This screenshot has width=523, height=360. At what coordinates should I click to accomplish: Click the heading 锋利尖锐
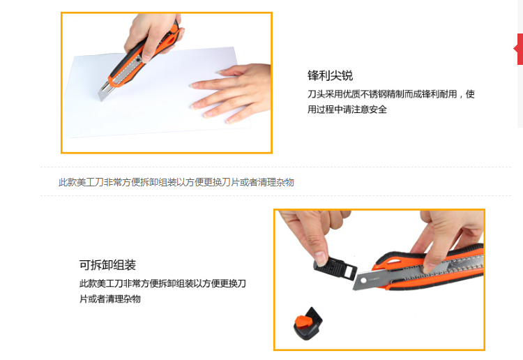(330, 76)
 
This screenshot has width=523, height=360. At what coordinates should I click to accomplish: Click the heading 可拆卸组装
(107, 265)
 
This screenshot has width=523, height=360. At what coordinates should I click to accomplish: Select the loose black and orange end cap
(308, 324)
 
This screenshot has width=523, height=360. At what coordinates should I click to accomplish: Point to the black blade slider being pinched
(335, 269)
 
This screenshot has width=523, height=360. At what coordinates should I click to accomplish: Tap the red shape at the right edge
(518, 49)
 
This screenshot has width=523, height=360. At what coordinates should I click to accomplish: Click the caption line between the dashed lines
(176, 182)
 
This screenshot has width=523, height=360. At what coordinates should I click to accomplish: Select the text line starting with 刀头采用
(391, 94)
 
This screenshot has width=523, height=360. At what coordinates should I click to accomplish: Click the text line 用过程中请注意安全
(347, 109)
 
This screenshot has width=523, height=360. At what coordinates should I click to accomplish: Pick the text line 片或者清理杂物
(109, 299)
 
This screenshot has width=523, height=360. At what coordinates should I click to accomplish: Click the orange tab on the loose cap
(303, 322)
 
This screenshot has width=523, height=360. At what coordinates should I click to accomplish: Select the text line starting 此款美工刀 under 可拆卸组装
(162, 283)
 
